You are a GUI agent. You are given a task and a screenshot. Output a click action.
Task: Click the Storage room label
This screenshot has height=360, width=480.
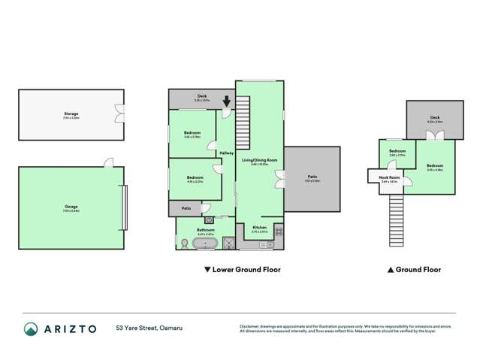(71, 114)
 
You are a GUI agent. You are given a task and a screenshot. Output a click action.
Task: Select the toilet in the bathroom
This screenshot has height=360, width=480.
(185, 242)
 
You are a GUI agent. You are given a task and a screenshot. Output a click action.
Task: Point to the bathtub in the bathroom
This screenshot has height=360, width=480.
(206, 244)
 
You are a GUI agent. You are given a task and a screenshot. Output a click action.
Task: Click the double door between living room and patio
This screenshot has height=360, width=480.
(279, 179)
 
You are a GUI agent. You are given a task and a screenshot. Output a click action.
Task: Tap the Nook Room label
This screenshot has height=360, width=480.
(390, 177)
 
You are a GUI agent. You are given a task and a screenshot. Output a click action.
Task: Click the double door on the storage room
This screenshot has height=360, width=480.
(118, 113)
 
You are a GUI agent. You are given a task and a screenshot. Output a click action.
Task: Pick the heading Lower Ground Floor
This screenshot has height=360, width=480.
(242, 269)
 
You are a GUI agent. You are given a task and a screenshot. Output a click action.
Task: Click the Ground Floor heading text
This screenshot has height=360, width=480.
(413, 269)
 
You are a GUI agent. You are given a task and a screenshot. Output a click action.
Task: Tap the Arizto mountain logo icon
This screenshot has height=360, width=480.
(31, 328)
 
